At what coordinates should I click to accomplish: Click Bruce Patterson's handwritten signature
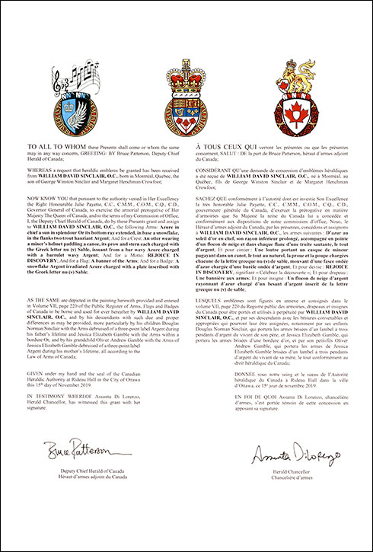coord(79,453)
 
